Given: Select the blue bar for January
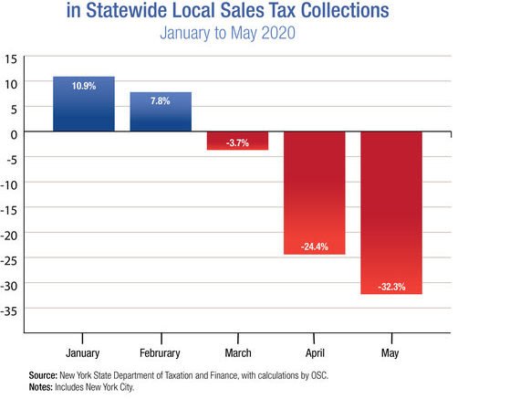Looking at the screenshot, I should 83,104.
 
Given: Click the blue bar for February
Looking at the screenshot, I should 160,112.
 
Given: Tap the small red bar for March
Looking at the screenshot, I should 237,141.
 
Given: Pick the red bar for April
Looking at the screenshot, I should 315,193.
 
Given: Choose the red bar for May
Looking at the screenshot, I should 391,213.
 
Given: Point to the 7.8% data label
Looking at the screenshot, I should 160,100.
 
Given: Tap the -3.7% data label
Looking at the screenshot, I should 237,142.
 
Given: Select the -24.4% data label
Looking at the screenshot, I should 315,246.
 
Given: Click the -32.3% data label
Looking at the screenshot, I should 391,286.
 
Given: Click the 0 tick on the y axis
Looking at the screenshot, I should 15,132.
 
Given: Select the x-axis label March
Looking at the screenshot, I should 237,352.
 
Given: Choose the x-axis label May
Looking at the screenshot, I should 391,352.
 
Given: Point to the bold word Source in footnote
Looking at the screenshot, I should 45,375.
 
